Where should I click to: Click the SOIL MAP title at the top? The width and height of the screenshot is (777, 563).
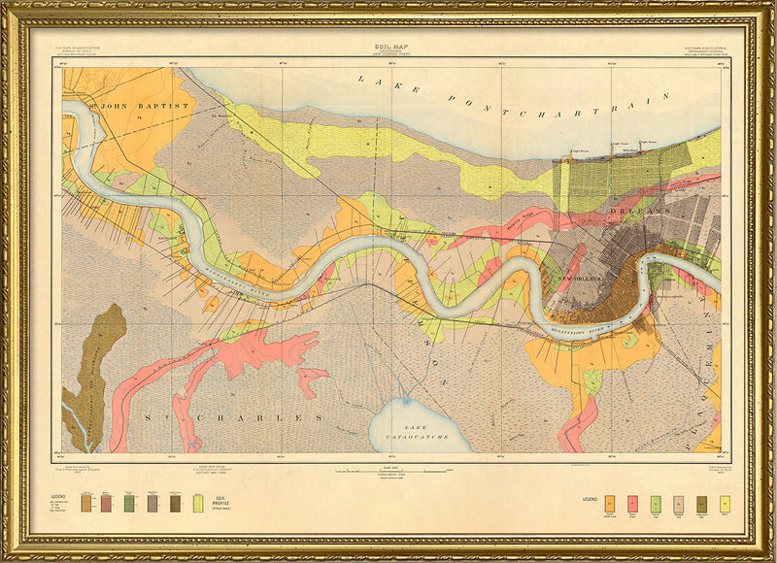tap(388, 46)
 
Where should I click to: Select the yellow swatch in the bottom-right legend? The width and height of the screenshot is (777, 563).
tap(724, 503)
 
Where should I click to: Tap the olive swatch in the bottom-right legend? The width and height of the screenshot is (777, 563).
tap(701, 503)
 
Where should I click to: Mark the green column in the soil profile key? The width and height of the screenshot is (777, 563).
tap(129, 502)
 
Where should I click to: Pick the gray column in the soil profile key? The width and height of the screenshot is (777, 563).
tap(152, 502)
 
